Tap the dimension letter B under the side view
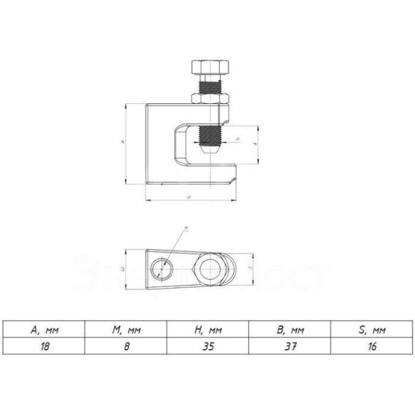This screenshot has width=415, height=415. [189, 197]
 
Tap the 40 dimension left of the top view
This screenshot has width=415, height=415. [123, 268]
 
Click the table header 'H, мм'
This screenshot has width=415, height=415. [208, 330]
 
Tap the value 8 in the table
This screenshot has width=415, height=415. [126, 347]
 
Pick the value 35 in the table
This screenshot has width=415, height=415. [208, 347]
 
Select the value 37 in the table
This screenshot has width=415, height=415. [290, 347]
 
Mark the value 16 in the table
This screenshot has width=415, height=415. [373, 347]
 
